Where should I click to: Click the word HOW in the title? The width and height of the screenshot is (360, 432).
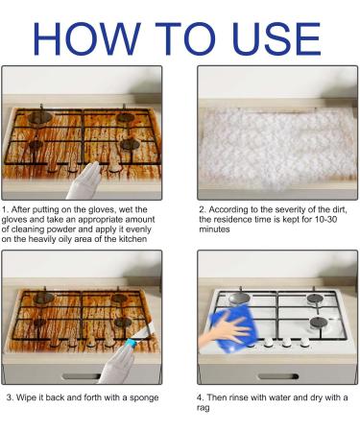tap(87, 38)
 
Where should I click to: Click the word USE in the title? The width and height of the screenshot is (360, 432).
tap(276, 38)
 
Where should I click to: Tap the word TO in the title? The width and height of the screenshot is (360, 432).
tap(185, 38)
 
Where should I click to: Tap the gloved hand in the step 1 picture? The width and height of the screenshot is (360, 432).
tap(84, 181)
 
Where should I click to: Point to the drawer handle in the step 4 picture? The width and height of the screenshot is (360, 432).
tap(278, 376)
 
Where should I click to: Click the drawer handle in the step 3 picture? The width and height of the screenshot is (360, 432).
tap(81, 376)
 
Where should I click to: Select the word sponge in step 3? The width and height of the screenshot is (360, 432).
tap(144, 398)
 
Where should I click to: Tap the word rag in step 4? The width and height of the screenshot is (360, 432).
tap(204, 408)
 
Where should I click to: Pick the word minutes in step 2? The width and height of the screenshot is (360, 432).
tap(214, 229)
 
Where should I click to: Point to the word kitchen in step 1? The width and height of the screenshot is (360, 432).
tap(132, 239)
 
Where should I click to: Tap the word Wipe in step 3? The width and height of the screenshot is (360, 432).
tap(27, 398)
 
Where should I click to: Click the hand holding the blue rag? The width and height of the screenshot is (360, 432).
tap(225, 329)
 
